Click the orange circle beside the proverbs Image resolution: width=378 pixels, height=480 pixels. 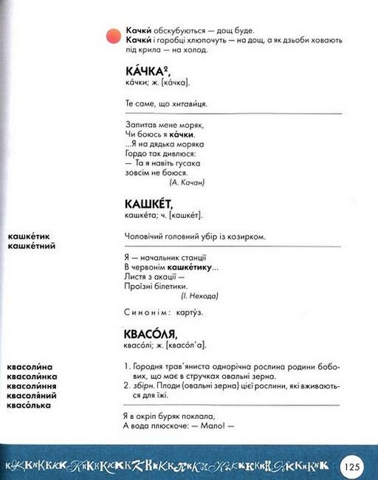point(112,35)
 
